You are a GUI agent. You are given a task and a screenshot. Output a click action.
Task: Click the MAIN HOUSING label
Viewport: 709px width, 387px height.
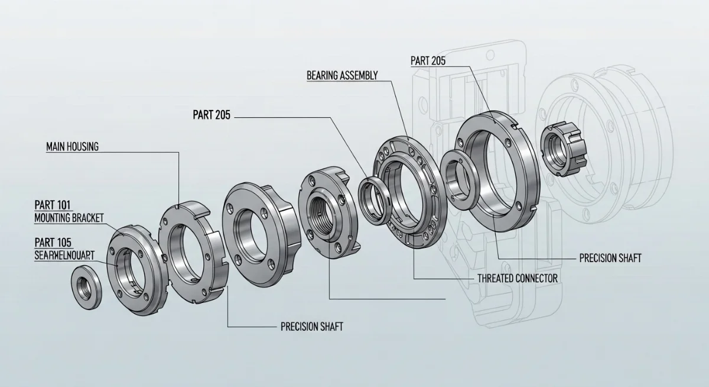pos(72,147)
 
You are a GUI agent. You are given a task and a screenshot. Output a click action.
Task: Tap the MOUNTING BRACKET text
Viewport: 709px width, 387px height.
pos(69,218)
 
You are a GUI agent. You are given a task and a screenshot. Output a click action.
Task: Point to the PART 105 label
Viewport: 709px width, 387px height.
pos(53,242)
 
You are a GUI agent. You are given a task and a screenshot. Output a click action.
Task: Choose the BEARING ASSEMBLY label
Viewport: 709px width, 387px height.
pos(342,75)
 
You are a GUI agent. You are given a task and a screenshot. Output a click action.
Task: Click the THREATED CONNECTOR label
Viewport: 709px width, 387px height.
pos(517,277)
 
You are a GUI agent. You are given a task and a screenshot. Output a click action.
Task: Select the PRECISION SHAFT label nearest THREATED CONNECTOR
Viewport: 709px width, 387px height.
pos(610,259)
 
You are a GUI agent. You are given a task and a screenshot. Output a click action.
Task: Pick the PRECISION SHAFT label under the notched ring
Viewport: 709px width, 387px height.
pos(311,326)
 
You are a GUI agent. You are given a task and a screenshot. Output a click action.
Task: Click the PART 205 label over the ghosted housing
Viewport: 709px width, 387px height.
pos(427,60)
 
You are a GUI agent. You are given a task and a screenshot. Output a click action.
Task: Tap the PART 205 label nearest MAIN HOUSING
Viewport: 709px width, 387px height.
pos(211,115)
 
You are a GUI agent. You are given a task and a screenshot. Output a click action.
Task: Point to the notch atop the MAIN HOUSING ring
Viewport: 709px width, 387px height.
pos(177,207)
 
